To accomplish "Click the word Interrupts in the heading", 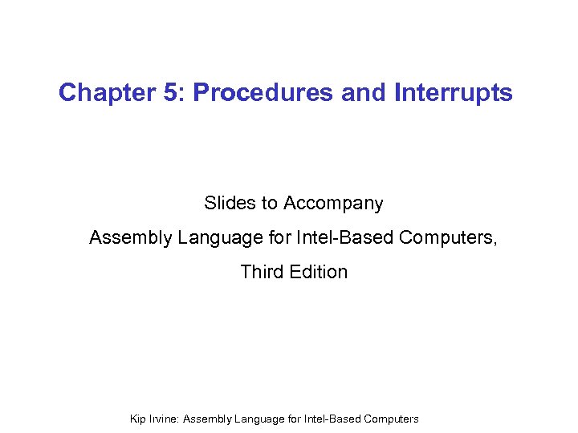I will tap(454, 93).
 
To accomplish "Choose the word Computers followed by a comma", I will tap(448, 238).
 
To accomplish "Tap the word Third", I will tap(262, 272).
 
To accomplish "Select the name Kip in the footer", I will tap(138, 419).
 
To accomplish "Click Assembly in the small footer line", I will tap(214, 419).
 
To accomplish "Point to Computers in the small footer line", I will tap(391, 419).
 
